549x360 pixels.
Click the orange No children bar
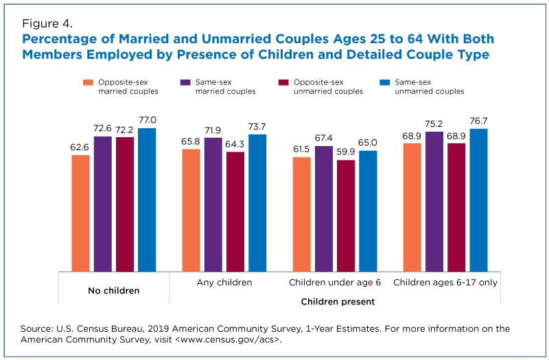pos(80,213)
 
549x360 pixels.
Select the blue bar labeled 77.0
pos(147,200)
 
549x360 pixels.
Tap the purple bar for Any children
pos(213,204)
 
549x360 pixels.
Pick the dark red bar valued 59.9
pos(346,216)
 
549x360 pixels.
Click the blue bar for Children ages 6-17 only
pos(478,200)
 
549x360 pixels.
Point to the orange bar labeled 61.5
pos(302,215)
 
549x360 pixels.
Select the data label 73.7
pos(257,127)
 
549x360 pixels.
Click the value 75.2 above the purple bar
pos(434,124)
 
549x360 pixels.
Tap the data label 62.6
pos(80,147)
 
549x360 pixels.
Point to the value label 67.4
pos(323,139)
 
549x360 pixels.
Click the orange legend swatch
pos(89,82)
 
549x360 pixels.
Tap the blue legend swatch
pos(385,82)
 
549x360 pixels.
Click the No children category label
pos(114,290)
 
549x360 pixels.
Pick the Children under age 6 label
pos(335,283)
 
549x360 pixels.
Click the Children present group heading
pos(338,302)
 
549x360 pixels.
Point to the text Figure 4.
pos(47,23)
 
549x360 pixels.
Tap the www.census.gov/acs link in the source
pos(229,339)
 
